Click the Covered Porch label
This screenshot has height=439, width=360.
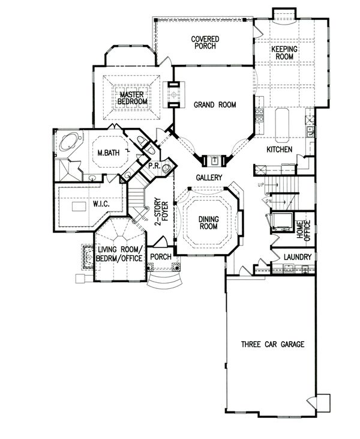(205, 43)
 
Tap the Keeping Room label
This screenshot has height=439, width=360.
(284, 53)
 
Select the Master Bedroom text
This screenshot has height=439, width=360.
(132, 98)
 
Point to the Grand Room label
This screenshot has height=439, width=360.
(215, 104)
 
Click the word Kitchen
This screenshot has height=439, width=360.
(280, 149)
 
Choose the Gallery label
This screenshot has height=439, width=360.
(209, 177)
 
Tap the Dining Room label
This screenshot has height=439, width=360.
(209, 223)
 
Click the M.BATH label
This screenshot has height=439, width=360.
(108, 153)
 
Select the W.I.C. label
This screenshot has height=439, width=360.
(101, 204)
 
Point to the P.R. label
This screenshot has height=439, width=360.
(154, 166)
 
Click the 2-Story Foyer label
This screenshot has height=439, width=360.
(161, 211)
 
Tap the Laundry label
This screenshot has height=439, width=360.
(298, 257)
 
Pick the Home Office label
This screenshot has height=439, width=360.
(304, 231)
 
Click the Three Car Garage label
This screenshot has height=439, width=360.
(273, 344)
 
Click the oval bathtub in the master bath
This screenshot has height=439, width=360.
(69, 142)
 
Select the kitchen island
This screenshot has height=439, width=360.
(283, 125)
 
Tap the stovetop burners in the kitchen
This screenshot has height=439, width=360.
(259, 116)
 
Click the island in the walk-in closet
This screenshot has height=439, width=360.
(79, 207)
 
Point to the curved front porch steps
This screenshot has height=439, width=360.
(165, 282)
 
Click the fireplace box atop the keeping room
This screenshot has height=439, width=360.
(284, 14)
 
